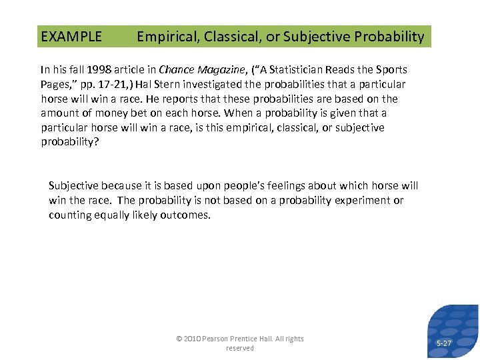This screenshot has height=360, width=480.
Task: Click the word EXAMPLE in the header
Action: (71, 37)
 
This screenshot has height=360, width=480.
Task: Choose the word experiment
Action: (365, 200)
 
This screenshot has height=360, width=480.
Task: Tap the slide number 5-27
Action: (443, 343)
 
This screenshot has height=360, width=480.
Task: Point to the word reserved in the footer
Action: (240, 348)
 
